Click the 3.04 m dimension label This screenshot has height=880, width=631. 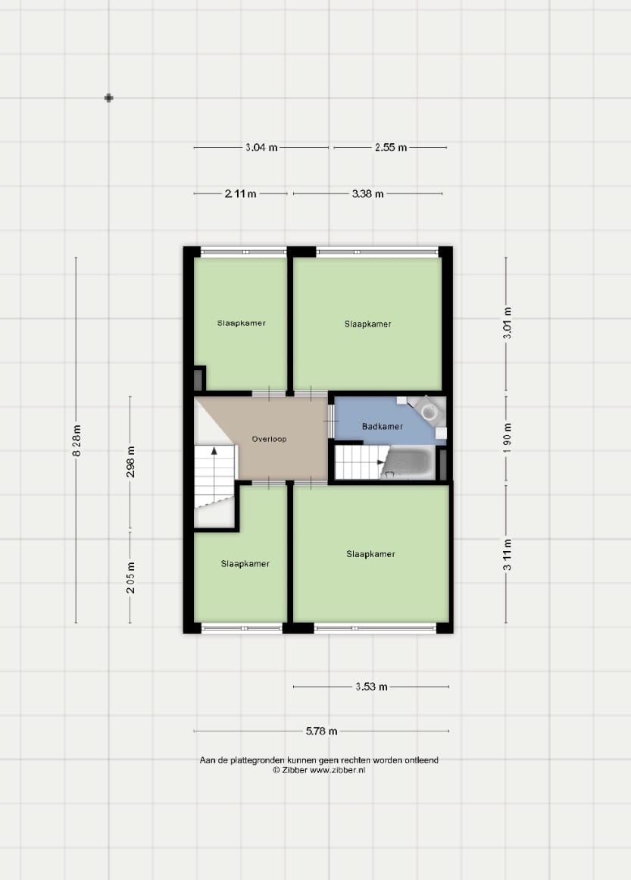[x=261, y=148]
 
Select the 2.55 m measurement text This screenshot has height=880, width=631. [x=391, y=148]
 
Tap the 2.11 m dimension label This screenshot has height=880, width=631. [x=241, y=193]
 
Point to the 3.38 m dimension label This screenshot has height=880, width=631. [x=368, y=193]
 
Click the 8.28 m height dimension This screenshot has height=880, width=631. [x=77, y=440]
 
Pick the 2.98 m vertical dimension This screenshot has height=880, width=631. [x=131, y=462]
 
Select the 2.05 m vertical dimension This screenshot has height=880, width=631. [x=131, y=578]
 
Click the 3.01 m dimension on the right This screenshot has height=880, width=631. [x=507, y=323]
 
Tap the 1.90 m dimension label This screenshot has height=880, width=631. [x=507, y=438]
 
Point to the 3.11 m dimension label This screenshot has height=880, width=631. [x=507, y=555]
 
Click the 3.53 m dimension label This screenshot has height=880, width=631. [x=371, y=687]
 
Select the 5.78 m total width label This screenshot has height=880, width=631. [x=321, y=731]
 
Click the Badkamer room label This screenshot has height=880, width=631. [x=383, y=427]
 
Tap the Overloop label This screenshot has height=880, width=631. [x=269, y=439]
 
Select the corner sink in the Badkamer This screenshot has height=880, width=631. [x=429, y=409]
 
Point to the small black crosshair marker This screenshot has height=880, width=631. [x=109, y=99]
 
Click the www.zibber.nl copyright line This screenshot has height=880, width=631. [x=319, y=770]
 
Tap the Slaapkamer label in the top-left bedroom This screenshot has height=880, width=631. [x=241, y=323]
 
